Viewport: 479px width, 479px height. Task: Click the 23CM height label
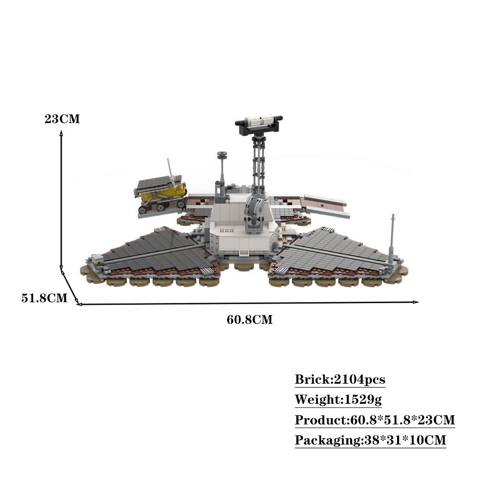pos(62,119)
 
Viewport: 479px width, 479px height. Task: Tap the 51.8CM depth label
pos(44,298)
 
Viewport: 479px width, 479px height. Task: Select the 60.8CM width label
pos(250,319)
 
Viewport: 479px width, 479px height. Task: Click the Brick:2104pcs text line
pos(340,380)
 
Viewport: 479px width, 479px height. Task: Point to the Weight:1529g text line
pos(338,399)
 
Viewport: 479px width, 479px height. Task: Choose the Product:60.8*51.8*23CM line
pos(375,420)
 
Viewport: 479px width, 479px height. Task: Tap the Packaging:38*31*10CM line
pos(370,440)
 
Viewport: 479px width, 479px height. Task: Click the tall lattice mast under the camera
pos(259,163)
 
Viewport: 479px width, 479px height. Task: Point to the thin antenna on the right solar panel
pos(392,237)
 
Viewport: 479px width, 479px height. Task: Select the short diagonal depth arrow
pos(69,286)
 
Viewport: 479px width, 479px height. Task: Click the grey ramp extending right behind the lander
pos(326,204)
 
